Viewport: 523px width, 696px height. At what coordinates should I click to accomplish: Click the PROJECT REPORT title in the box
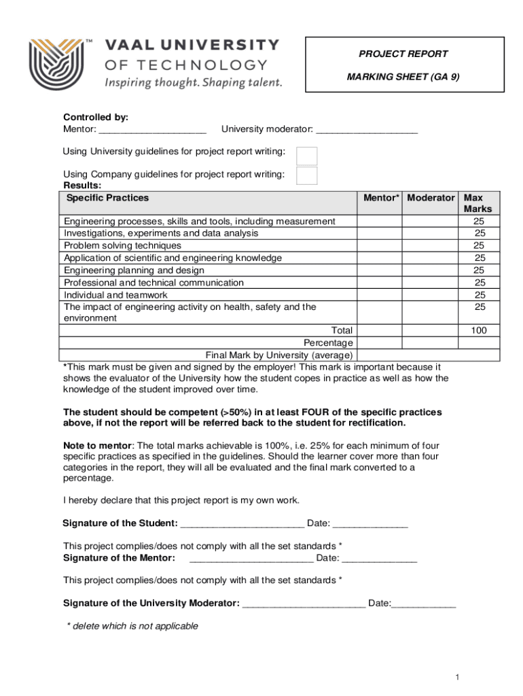(403, 54)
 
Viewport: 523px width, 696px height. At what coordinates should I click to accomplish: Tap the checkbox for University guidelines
(307, 156)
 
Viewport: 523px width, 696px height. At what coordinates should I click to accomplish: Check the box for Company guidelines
(307, 176)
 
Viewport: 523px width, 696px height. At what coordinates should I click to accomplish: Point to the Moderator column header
(431, 198)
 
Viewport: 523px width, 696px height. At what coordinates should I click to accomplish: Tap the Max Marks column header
(477, 203)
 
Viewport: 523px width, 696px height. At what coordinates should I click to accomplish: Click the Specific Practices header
(107, 198)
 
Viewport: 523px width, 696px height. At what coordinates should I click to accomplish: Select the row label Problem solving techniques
(122, 245)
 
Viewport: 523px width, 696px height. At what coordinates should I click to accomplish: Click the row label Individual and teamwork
(115, 295)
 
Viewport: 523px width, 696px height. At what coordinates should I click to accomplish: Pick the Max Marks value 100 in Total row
(479, 330)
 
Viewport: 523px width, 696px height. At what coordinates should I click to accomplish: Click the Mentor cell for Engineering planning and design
(380, 270)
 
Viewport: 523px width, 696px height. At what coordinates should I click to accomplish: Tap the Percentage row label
(328, 343)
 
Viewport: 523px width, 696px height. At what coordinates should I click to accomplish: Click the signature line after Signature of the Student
(242, 524)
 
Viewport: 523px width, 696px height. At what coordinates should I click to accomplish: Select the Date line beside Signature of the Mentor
(379, 559)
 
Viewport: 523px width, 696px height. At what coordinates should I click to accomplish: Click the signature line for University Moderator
(304, 604)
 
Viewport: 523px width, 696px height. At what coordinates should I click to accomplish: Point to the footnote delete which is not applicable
(132, 626)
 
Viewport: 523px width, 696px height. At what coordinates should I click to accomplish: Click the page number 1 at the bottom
(458, 678)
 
